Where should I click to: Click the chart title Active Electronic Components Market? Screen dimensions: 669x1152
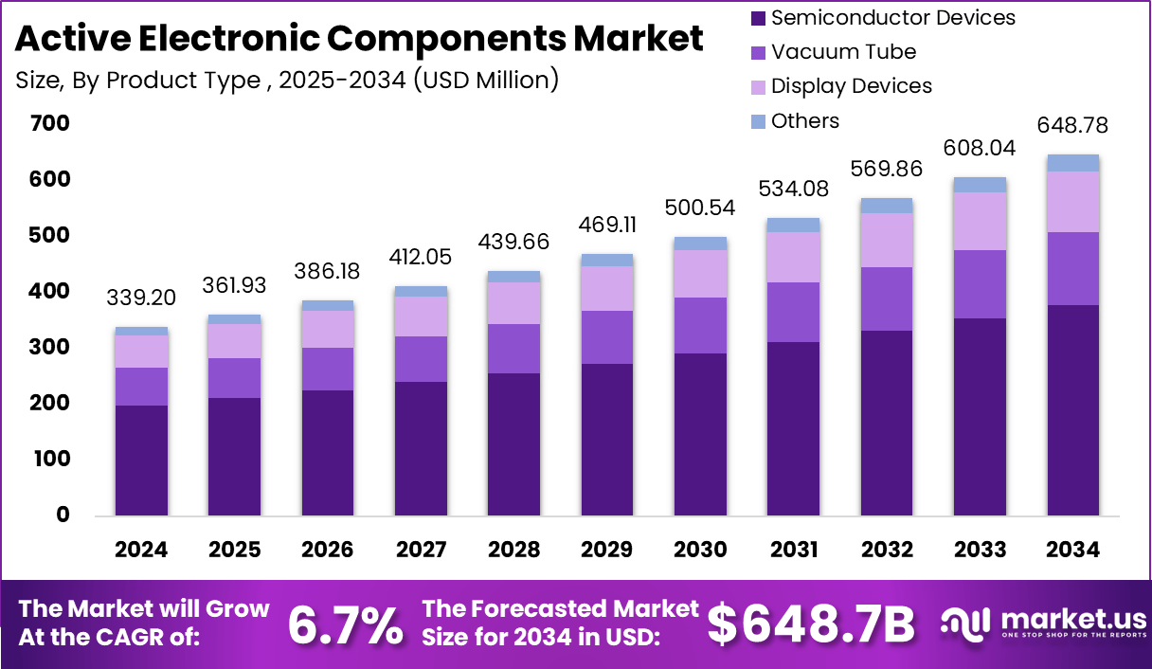click(x=359, y=39)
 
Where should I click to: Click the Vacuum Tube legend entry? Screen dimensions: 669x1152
click(x=843, y=51)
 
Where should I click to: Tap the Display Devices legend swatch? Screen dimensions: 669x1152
click(x=758, y=86)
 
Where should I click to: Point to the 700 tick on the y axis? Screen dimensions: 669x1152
click(x=49, y=123)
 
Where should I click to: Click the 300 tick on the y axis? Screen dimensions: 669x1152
click(x=49, y=347)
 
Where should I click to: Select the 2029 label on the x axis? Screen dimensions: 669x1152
click(x=607, y=550)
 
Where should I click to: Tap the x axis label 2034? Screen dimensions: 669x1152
click(x=1072, y=550)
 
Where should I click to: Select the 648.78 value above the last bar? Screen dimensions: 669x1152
click(x=1073, y=125)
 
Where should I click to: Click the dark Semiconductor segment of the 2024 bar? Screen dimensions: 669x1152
click(x=142, y=460)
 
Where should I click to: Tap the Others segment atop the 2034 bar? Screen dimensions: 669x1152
click(x=1072, y=163)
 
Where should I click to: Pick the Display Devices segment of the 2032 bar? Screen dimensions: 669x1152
click(x=887, y=240)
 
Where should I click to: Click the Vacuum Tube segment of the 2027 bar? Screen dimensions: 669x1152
click(x=422, y=358)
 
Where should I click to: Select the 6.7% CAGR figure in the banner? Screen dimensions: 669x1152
click(x=345, y=624)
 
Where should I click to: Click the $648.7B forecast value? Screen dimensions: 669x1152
click(x=812, y=624)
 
